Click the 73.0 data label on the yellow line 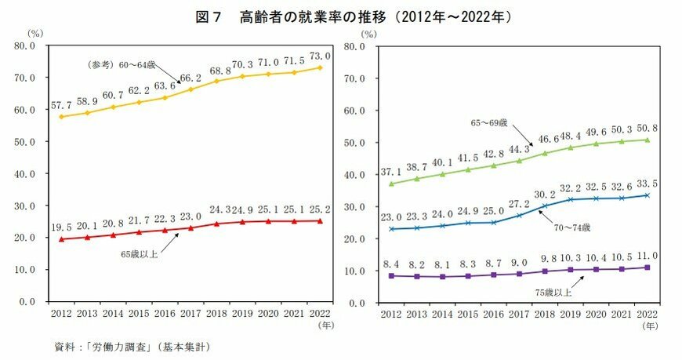click(319, 56)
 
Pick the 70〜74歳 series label click(570, 227)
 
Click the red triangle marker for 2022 click(318, 220)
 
